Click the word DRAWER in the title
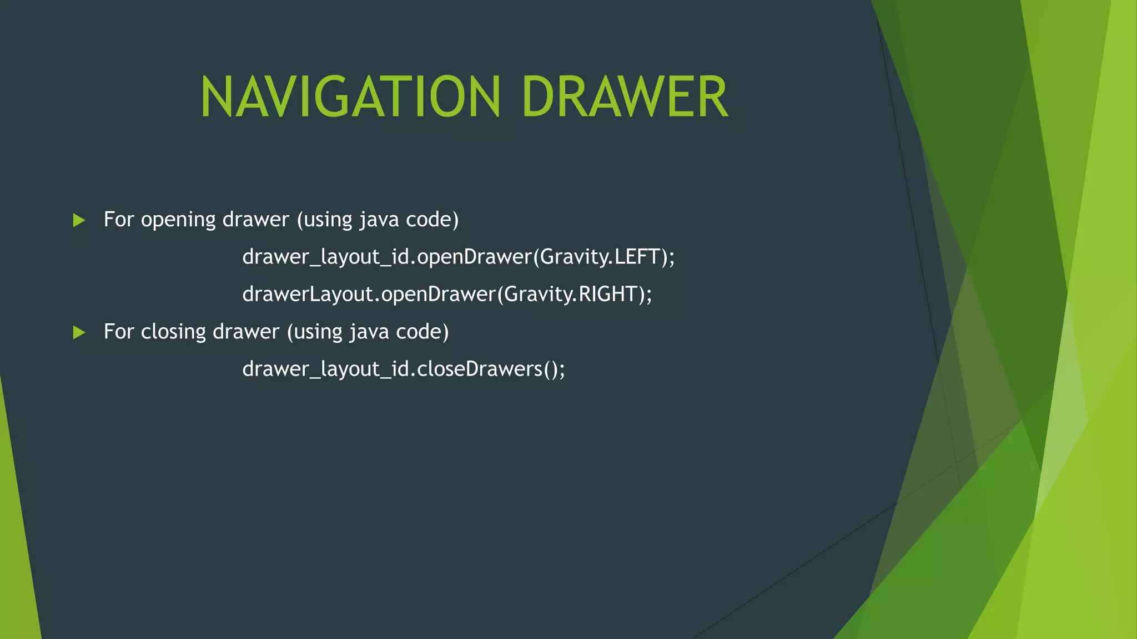pos(625,97)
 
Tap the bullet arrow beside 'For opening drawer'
pos(79,220)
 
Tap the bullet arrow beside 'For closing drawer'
pos(79,332)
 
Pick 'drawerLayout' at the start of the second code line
pos(308,294)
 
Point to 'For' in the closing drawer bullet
pos(119,332)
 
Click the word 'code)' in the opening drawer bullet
pos(432,220)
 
